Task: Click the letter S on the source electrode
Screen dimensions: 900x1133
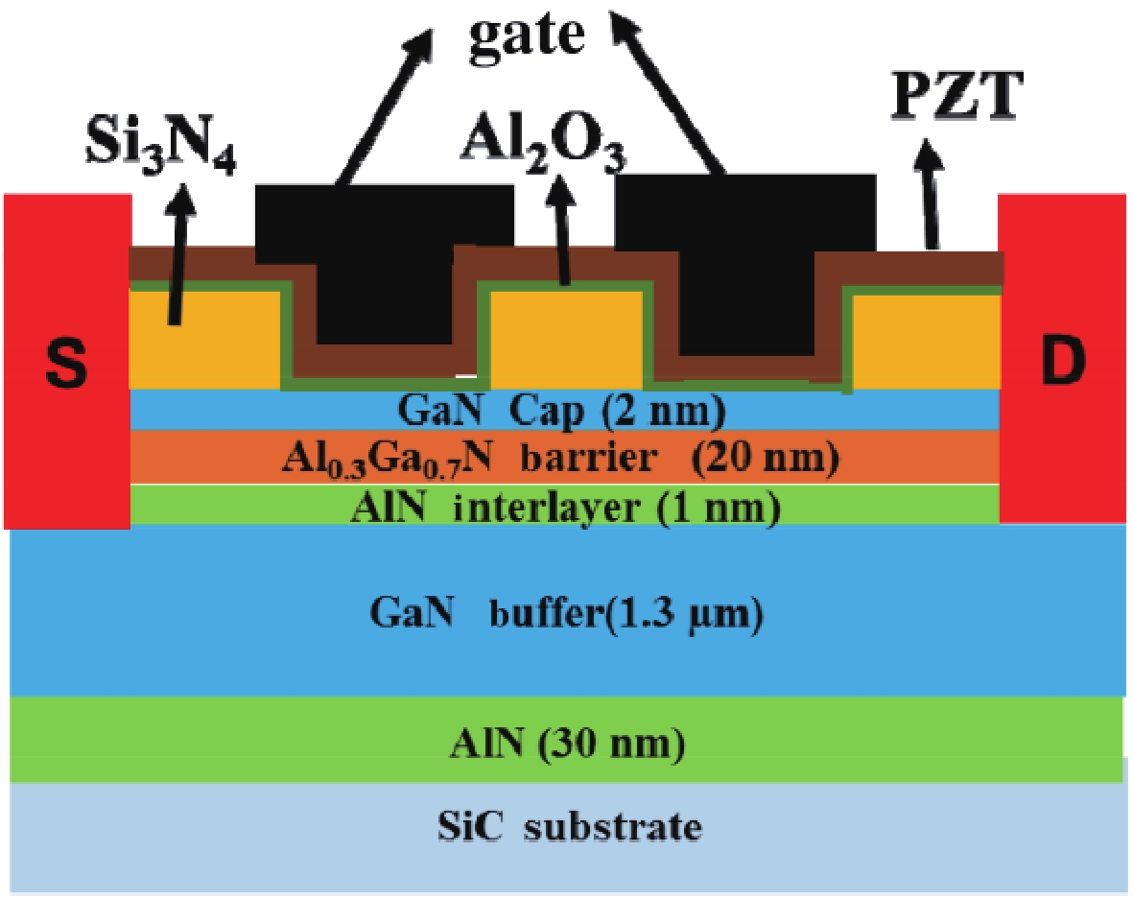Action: [65, 362]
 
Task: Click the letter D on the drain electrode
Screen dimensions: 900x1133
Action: [1063, 362]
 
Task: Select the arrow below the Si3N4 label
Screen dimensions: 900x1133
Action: [178, 250]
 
